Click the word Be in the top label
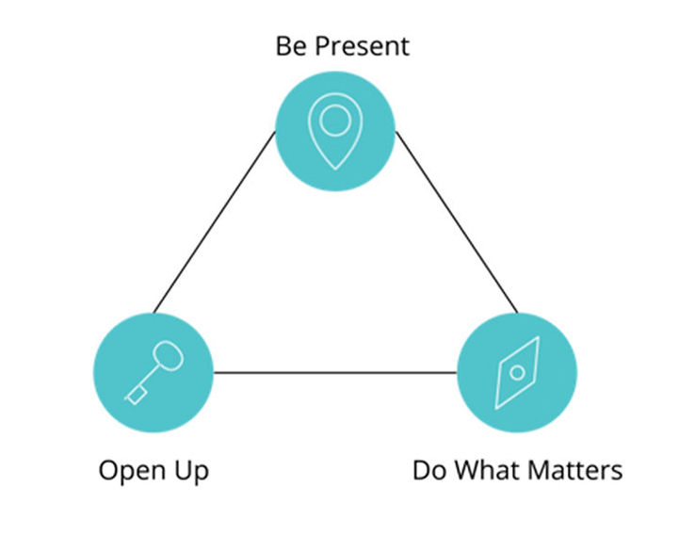pyautogui.click(x=291, y=46)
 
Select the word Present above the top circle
pyautogui.click(x=363, y=46)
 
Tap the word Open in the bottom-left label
pyautogui.click(x=132, y=471)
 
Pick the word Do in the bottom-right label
pyautogui.click(x=429, y=470)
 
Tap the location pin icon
pyautogui.click(x=335, y=131)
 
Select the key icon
pyautogui.click(x=154, y=372)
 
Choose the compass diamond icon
pyautogui.click(x=517, y=372)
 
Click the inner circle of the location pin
pyautogui.click(x=335, y=121)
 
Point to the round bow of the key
pyautogui.click(x=168, y=355)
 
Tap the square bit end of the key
pyautogui.click(x=136, y=395)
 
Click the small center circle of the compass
pyautogui.click(x=517, y=372)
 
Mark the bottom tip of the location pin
pyautogui.click(x=335, y=170)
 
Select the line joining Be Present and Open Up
pyautogui.click(x=214, y=222)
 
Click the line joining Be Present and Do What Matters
pyautogui.click(x=457, y=222)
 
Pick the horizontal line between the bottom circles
pyautogui.click(x=335, y=373)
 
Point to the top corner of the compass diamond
pyautogui.click(x=539, y=337)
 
